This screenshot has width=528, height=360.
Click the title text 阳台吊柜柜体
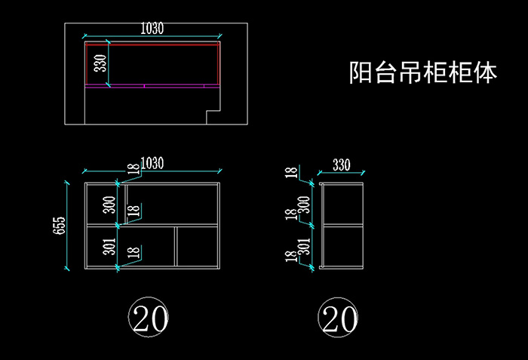(x=423, y=72)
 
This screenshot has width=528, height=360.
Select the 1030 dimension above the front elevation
(x=153, y=162)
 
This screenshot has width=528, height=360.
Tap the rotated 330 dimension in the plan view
(x=100, y=64)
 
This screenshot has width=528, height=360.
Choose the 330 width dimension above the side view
(x=342, y=165)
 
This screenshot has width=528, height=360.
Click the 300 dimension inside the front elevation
(x=109, y=204)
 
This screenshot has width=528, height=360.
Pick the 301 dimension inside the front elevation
(x=109, y=247)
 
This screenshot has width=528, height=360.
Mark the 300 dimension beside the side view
(x=304, y=204)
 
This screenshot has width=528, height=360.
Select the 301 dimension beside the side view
(x=304, y=246)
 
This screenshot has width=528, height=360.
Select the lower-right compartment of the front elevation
(x=198, y=246)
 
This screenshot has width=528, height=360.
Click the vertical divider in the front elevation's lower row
(x=177, y=246)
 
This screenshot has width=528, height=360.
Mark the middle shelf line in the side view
(x=343, y=225)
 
